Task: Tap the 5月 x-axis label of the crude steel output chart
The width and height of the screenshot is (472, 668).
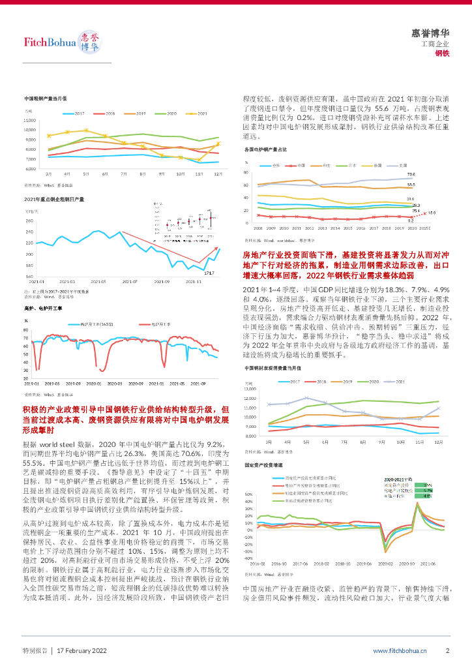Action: click(x=86, y=174)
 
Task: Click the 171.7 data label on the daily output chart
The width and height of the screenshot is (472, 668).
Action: click(x=209, y=273)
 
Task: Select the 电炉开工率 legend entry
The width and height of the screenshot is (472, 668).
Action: click(x=160, y=324)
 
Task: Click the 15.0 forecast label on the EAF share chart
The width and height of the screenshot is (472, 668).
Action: click(x=431, y=213)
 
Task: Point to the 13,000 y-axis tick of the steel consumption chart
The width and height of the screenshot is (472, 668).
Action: click(x=251, y=389)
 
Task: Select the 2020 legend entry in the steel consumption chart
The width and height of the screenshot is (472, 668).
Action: click(x=376, y=381)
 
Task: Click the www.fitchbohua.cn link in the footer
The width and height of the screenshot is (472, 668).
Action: click(x=400, y=650)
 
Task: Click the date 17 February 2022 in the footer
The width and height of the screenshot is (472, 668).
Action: click(x=82, y=650)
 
